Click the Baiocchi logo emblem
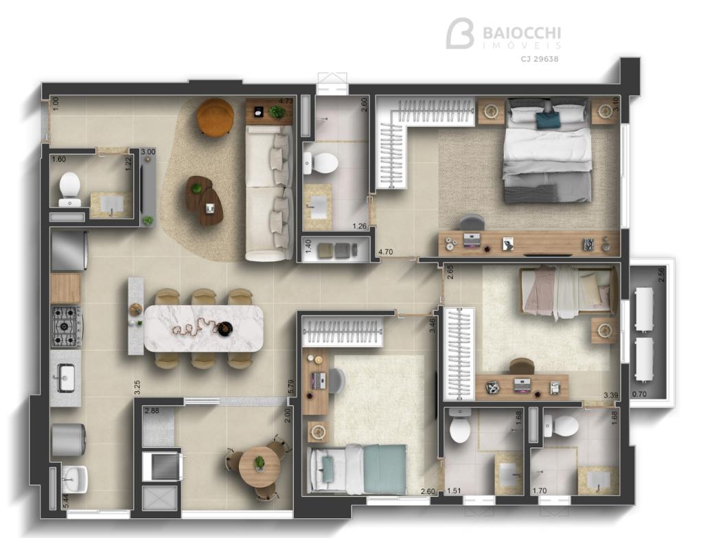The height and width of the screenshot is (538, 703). pyautogui.click(x=459, y=33)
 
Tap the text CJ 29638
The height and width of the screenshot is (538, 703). pyautogui.click(x=540, y=59)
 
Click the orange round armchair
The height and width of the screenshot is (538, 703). pyautogui.click(x=215, y=116)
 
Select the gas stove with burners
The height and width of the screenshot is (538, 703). pyautogui.click(x=67, y=326)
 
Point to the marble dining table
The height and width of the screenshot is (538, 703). pyautogui.click(x=203, y=328)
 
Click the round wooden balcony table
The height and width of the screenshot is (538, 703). pyautogui.click(x=260, y=465)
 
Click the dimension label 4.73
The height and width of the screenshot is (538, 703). pyautogui.click(x=286, y=101)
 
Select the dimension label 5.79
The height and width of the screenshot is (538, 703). pyautogui.click(x=290, y=387)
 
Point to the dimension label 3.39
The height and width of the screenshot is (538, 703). pyautogui.click(x=610, y=395)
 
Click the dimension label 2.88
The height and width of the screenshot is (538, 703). pyautogui.click(x=152, y=410)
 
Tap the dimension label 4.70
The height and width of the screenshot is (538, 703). pyautogui.click(x=386, y=252)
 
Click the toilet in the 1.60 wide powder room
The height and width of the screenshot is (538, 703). pyautogui.click(x=70, y=189)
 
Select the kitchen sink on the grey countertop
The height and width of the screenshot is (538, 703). pyautogui.click(x=66, y=378)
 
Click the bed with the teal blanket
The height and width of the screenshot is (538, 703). pyautogui.click(x=356, y=469)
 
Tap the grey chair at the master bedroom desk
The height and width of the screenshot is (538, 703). pyautogui.click(x=472, y=223)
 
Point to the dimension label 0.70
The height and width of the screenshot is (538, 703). pyautogui.click(x=639, y=395)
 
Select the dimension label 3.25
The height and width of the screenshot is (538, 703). pyautogui.click(x=137, y=388)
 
